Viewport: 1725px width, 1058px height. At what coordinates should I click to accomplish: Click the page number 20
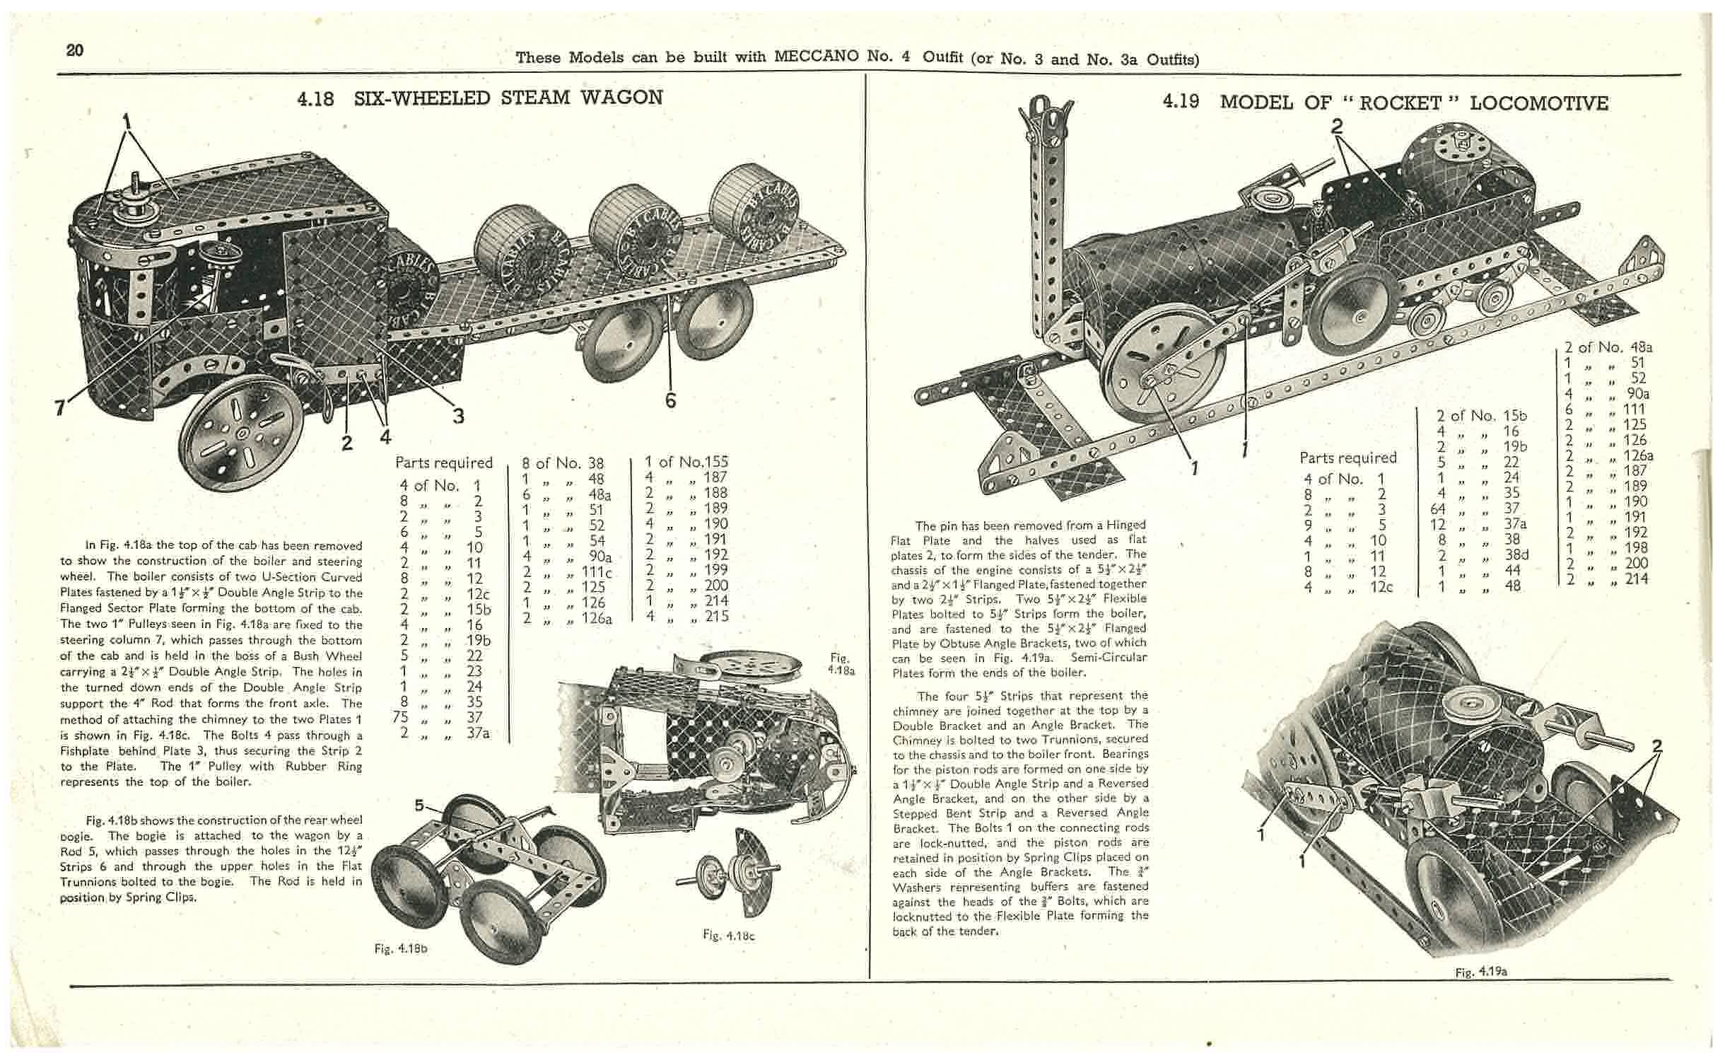point(74,50)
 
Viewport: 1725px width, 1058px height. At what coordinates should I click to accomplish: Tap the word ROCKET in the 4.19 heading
point(1399,103)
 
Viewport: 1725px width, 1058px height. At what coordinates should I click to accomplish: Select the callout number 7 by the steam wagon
point(60,407)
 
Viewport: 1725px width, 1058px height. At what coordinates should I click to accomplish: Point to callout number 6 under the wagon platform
point(670,401)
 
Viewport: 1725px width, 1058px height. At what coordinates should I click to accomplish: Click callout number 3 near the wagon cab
point(458,417)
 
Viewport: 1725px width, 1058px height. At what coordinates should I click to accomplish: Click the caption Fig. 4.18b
point(401,948)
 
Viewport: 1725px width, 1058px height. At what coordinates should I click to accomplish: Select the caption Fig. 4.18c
point(729,935)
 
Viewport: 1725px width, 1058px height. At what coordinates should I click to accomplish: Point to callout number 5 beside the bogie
point(419,806)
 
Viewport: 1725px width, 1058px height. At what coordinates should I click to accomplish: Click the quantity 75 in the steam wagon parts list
point(401,717)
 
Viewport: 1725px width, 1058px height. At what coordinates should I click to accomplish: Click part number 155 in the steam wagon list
point(713,463)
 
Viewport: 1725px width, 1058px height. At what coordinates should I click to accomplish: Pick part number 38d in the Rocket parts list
point(1516,555)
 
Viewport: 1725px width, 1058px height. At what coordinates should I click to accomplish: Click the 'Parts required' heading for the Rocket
point(1347,458)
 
